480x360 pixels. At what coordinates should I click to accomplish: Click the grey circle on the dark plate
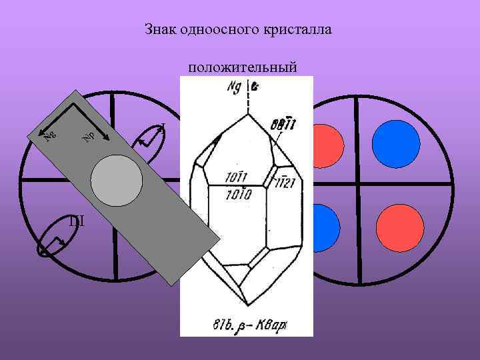[x=117, y=182]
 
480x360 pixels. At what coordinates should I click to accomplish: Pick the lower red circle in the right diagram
[x=400, y=227]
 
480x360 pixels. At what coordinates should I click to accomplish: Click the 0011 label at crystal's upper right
[x=285, y=124]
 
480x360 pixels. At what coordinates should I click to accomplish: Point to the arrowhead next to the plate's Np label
[x=103, y=145]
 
